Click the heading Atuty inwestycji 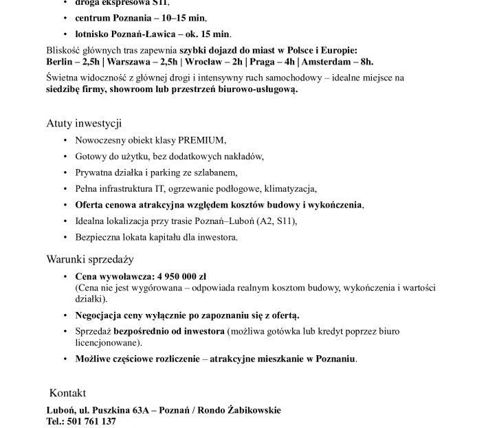click(84, 124)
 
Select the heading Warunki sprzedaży click(89, 260)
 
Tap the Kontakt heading click(67, 393)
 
